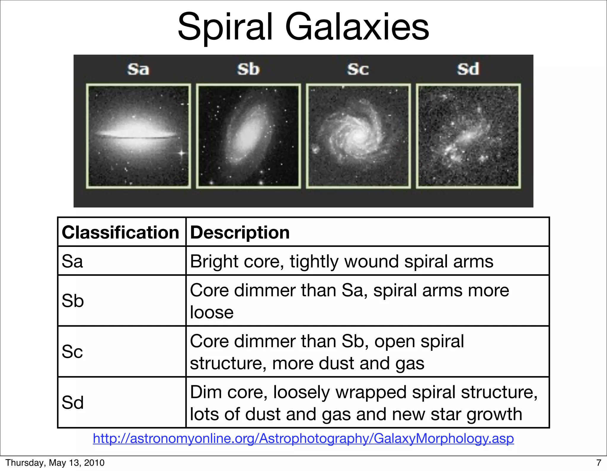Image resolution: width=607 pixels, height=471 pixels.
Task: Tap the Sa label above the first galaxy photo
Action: tap(138, 69)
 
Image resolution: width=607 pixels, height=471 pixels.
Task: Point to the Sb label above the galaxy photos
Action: tap(248, 69)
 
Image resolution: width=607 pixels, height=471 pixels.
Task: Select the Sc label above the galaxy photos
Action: tap(358, 69)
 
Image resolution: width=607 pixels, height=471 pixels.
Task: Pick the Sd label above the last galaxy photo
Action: tap(468, 69)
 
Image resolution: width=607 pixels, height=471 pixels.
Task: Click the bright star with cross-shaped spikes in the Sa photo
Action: tap(182, 153)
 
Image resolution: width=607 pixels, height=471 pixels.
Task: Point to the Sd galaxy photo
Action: tap(468, 136)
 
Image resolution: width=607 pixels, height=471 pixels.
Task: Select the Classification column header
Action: tap(120, 232)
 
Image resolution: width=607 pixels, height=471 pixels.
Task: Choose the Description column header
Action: tap(240, 232)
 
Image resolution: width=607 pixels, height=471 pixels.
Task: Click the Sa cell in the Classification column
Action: tap(72, 261)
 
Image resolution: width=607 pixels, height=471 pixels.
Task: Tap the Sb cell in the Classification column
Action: tap(73, 301)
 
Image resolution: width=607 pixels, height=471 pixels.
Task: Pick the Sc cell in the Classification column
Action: tap(72, 352)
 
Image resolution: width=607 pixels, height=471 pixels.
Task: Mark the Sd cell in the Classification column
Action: tap(73, 403)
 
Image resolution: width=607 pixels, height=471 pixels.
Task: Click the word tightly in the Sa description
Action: tap(314, 262)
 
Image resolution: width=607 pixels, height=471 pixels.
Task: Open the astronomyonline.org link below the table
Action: tap(303, 438)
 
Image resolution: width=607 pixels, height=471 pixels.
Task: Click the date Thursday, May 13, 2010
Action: tap(55, 463)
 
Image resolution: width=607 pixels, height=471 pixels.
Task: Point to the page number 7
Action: tap(598, 463)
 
